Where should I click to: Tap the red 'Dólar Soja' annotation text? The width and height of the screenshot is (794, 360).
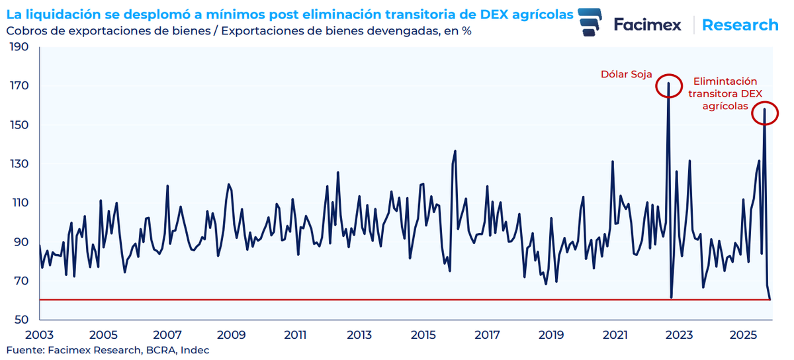click(x=625, y=74)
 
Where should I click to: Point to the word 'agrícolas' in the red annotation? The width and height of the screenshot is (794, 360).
click(x=726, y=106)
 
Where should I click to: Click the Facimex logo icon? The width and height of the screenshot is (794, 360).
click(x=590, y=24)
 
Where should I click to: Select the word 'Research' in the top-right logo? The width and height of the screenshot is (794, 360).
click(x=740, y=25)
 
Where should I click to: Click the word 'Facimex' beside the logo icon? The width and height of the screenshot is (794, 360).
click(x=647, y=25)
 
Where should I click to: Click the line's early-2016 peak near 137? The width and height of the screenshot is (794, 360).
click(x=455, y=152)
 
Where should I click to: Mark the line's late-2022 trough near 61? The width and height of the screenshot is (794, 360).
click(x=671, y=297)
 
